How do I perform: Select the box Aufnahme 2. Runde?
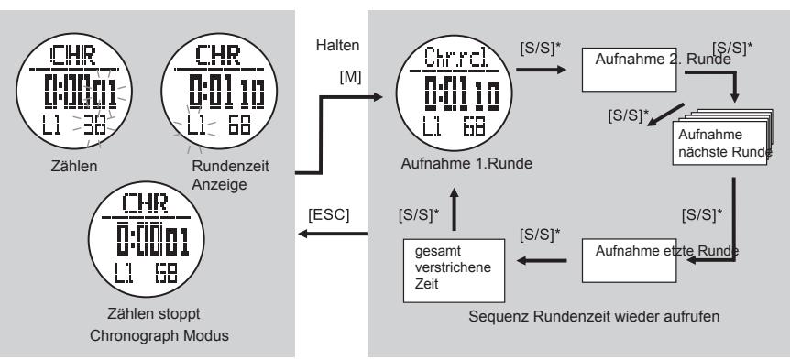[635, 70]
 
